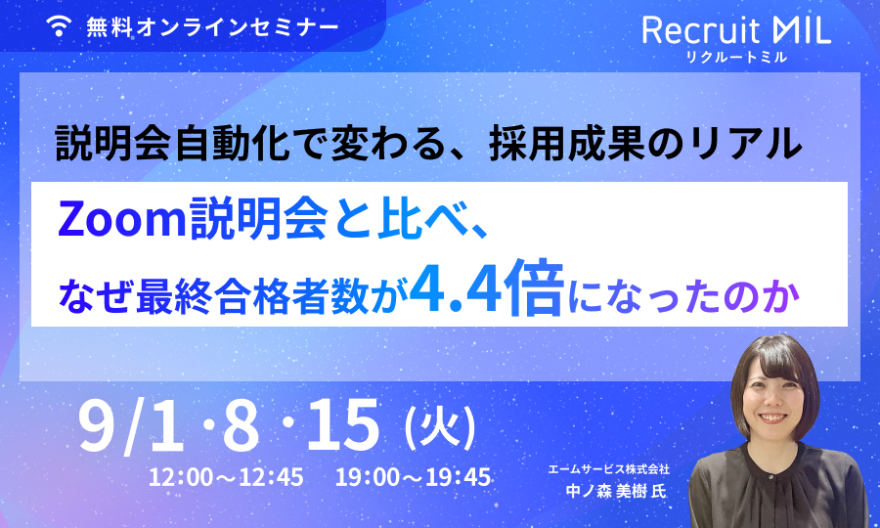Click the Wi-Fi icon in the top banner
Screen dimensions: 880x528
tap(59, 25)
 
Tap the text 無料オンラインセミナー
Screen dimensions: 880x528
tap(213, 27)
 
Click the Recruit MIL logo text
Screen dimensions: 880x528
tap(736, 30)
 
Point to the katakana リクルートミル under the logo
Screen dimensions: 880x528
tap(736, 57)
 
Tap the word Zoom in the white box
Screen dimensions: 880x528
tap(122, 219)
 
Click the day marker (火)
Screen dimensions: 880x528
tap(441, 428)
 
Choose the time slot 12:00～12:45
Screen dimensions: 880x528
tap(226, 477)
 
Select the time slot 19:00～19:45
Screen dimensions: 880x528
tap(413, 477)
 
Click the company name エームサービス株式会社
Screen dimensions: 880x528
tap(609, 469)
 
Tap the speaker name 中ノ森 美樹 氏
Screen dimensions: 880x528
tap(616, 492)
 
